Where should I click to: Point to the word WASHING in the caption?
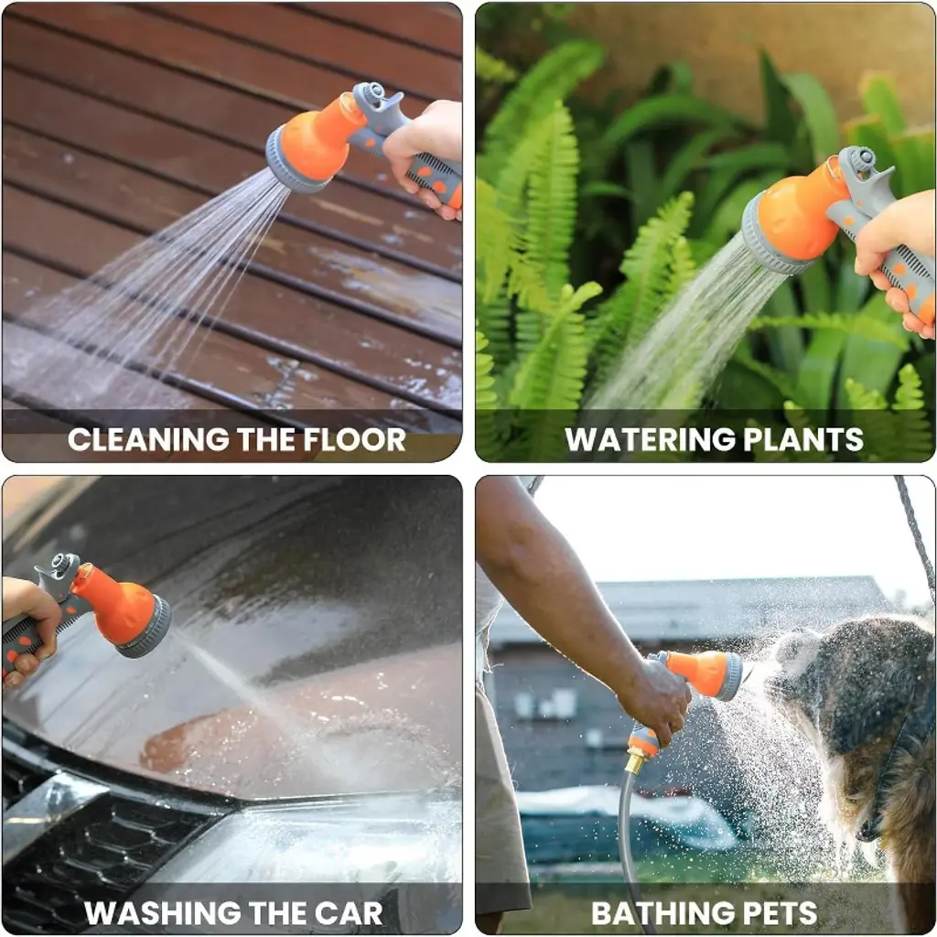[163, 913]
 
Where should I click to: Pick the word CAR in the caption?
[349, 913]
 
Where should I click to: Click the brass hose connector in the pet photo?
[636, 762]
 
